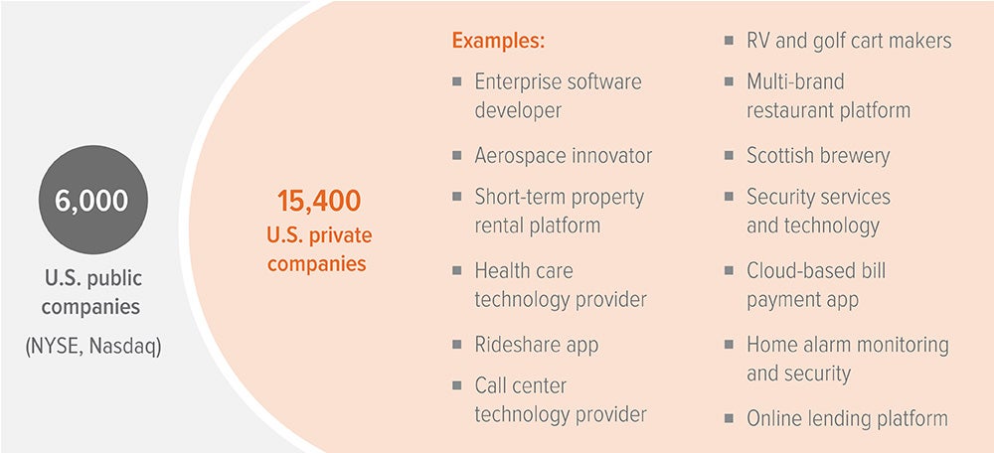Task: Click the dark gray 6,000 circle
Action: pyautogui.click(x=91, y=201)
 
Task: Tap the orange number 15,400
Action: pyautogui.click(x=318, y=202)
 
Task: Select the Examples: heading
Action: pyautogui.click(x=499, y=42)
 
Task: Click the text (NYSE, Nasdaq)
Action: pyautogui.click(x=91, y=347)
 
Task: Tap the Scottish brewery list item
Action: pyautogui.click(x=818, y=156)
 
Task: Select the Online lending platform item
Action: pyautogui.click(x=847, y=418)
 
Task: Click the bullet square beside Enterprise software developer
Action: pyautogui.click(x=457, y=80)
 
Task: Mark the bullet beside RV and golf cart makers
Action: pyautogui.click(x=730, y=41)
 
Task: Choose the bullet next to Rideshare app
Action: pyautogui.click(x=457, y=345)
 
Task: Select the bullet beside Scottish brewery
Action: pyautogui.click(x=730, y=156)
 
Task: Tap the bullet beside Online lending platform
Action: pyautogui.click(x=730, y=418)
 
